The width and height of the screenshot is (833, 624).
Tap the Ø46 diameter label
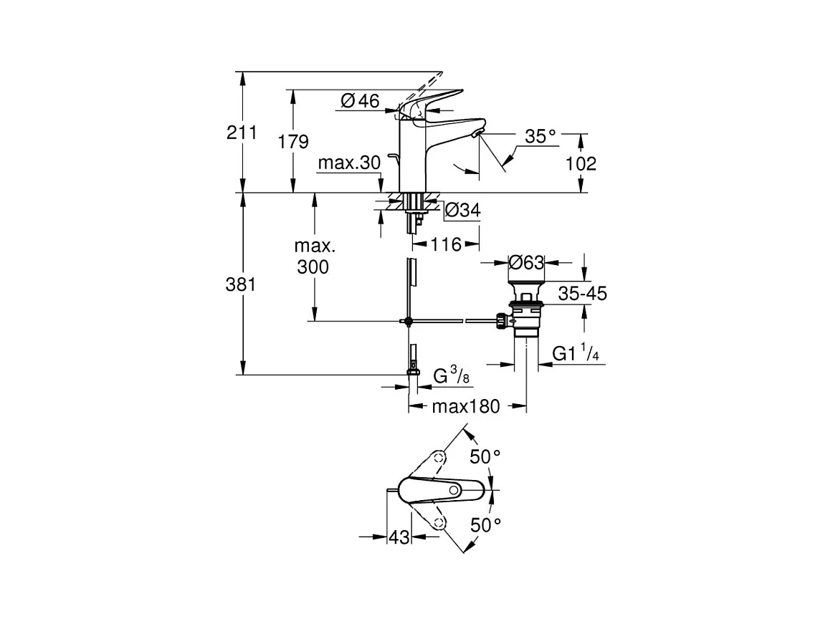coord(361,101)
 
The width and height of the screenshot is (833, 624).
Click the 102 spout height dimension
coord(581,163)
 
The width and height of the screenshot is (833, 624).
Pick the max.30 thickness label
coord(348,163)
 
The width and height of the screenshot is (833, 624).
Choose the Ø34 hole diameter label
coord(462,210)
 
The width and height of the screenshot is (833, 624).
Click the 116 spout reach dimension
coord(447,245)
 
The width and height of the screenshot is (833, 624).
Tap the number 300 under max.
coord(314,267)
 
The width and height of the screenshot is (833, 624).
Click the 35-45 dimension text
coord(582,293)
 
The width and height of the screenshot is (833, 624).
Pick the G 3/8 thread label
coord(451,376)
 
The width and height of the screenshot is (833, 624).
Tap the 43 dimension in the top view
coord(399,537)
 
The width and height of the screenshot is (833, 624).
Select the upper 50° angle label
coord(485,456)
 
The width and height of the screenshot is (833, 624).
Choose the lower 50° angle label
coord(485,525)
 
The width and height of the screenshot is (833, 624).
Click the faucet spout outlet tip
coord(477,134)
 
